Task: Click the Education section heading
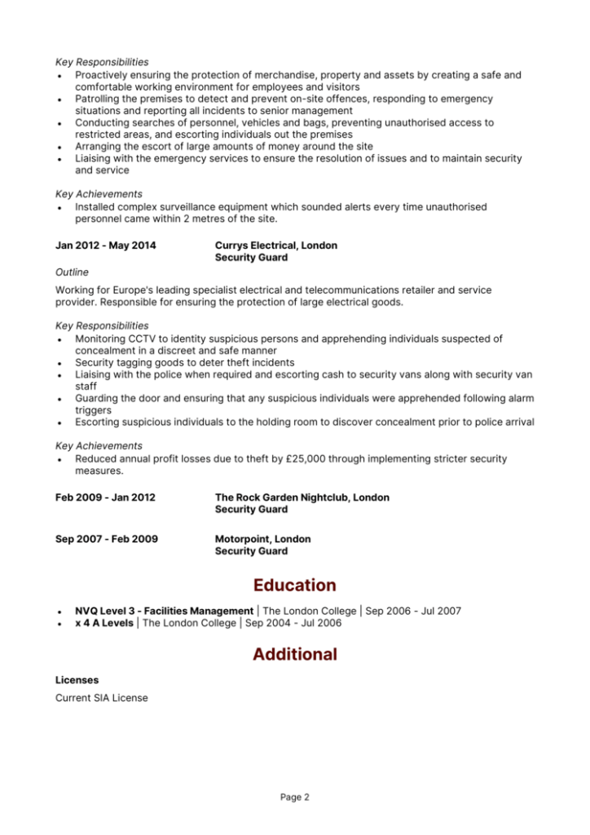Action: (x=294, y=585)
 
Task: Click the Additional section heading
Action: (x=294, y=654)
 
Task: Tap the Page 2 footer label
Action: (x=294, y=797)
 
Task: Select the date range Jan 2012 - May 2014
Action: (x=106, y=245)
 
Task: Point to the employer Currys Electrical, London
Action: (x=275, y=245)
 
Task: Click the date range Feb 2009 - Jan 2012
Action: (x=105, y=497)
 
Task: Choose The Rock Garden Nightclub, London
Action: (x=302, y=497)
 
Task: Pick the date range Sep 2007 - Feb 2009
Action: (x=107, y=539)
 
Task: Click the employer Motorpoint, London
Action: (x=262, y=539)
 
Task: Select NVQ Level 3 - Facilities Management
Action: (x=164, y=611)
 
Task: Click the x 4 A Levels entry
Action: (x=104, y=623)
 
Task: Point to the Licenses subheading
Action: (x=77, y=679)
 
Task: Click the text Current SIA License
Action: (x=102, y=698)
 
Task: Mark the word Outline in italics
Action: (x=72, y=272)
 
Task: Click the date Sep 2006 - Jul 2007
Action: (x=414, y=611)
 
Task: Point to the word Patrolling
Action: (x=100, y=99)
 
